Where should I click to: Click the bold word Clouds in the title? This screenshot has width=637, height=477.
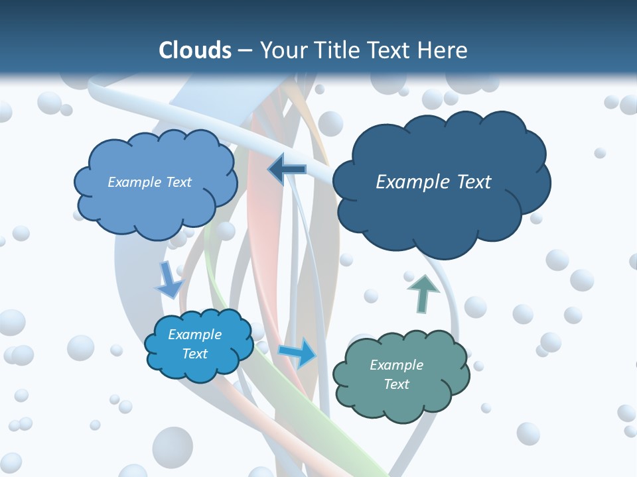(195, 50)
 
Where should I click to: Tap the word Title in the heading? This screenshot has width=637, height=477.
(334, 50)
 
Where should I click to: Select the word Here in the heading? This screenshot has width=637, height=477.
(443, 50)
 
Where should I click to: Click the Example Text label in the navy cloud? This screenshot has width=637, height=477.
(433, 182)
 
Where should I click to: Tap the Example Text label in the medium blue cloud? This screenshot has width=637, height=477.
(149, 182)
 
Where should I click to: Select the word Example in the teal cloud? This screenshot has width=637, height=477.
(396, 365)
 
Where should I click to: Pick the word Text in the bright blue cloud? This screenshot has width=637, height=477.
(194, 354)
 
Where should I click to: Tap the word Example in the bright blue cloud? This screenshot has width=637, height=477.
(194, 335)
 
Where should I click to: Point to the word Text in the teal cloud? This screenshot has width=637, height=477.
(396, 384)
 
